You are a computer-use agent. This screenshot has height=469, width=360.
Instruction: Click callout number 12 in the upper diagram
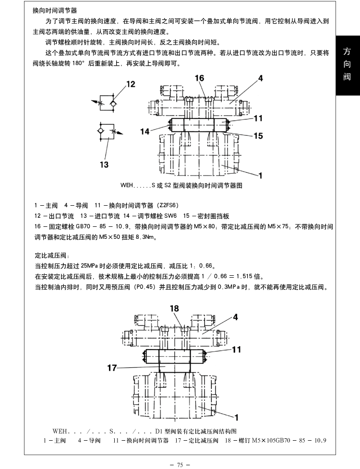pyautogui.click(x=131, y=84)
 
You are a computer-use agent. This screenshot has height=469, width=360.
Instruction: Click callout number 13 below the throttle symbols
pyautogui.click(x=104, y=164)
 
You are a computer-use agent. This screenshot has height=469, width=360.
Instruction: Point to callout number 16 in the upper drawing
pyautogui.click(x=199, y=78)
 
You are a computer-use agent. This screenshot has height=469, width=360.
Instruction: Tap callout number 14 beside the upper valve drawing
pyautogui.click(x=145, y=131)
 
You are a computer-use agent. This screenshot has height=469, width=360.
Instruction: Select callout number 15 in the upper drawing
pyautogui.click(x=258, y=136)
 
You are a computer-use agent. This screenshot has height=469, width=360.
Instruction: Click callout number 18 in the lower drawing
pyautogui.click(x=174, y=308)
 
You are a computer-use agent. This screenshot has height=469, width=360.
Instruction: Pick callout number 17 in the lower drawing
pyautogui.click(x=112, y=368)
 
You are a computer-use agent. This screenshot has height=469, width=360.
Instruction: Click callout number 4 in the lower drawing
pyautogui.click(x=236, y=317)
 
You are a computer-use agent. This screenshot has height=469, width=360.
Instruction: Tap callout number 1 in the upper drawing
pyautogui.click(x=260, y=176)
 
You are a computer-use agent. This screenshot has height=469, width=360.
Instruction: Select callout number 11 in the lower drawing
pyautogui.click(x=236, y=350)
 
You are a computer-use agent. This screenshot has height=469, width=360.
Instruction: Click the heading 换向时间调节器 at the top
pyautogui.click(x=55, y=11)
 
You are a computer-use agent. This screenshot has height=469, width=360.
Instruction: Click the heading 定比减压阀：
pyautogui.click(x=52, y=256)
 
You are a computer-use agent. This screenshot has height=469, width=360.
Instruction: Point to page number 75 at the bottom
pyautogui.click(x=180, y=465)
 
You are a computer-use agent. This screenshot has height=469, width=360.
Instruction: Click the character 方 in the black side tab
pyautogui.click(x=347, y=51)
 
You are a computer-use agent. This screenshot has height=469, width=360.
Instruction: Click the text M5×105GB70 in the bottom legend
pyautogui.click(x=271, y=441)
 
